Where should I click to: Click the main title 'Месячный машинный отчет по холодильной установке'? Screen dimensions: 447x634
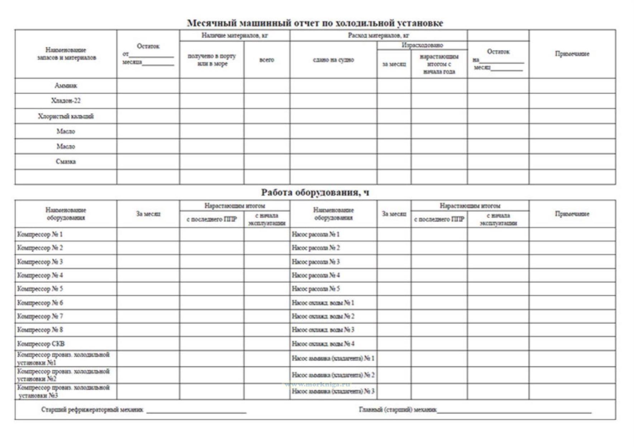tap(315, 23)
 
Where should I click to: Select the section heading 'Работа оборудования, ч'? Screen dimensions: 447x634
tap(315, 193)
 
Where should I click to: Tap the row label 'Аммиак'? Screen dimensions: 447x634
tap(66, 86)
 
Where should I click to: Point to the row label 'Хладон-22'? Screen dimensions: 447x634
tap(66, 101)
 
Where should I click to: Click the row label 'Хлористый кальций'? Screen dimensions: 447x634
tap(66, 116)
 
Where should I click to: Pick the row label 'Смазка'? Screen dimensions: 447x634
tap(66, 161)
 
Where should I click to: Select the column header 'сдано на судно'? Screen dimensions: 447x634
tap(333, 60)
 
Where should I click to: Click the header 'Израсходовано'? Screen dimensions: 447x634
tap(422, 45)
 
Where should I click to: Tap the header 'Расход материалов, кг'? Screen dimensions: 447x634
tap(378, 35)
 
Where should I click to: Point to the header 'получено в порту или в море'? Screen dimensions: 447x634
tap(211, 60)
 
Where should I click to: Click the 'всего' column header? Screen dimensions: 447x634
tap(267, 60)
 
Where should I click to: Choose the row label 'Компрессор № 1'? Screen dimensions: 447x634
tap(40, 234)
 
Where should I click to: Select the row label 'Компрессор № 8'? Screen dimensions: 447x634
tap(40, 330)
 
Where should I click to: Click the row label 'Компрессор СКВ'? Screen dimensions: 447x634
tap(41, 344)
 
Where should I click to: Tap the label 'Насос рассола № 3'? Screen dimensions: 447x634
tap(315, 262)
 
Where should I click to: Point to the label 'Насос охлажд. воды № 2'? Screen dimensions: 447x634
tap(323, 316)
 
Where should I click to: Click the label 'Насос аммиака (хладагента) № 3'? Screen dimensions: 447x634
tap(333, 391)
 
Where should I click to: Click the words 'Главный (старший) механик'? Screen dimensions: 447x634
tap(397, 409)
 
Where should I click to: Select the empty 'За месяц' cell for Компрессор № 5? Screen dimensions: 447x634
tap(148, 289)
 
